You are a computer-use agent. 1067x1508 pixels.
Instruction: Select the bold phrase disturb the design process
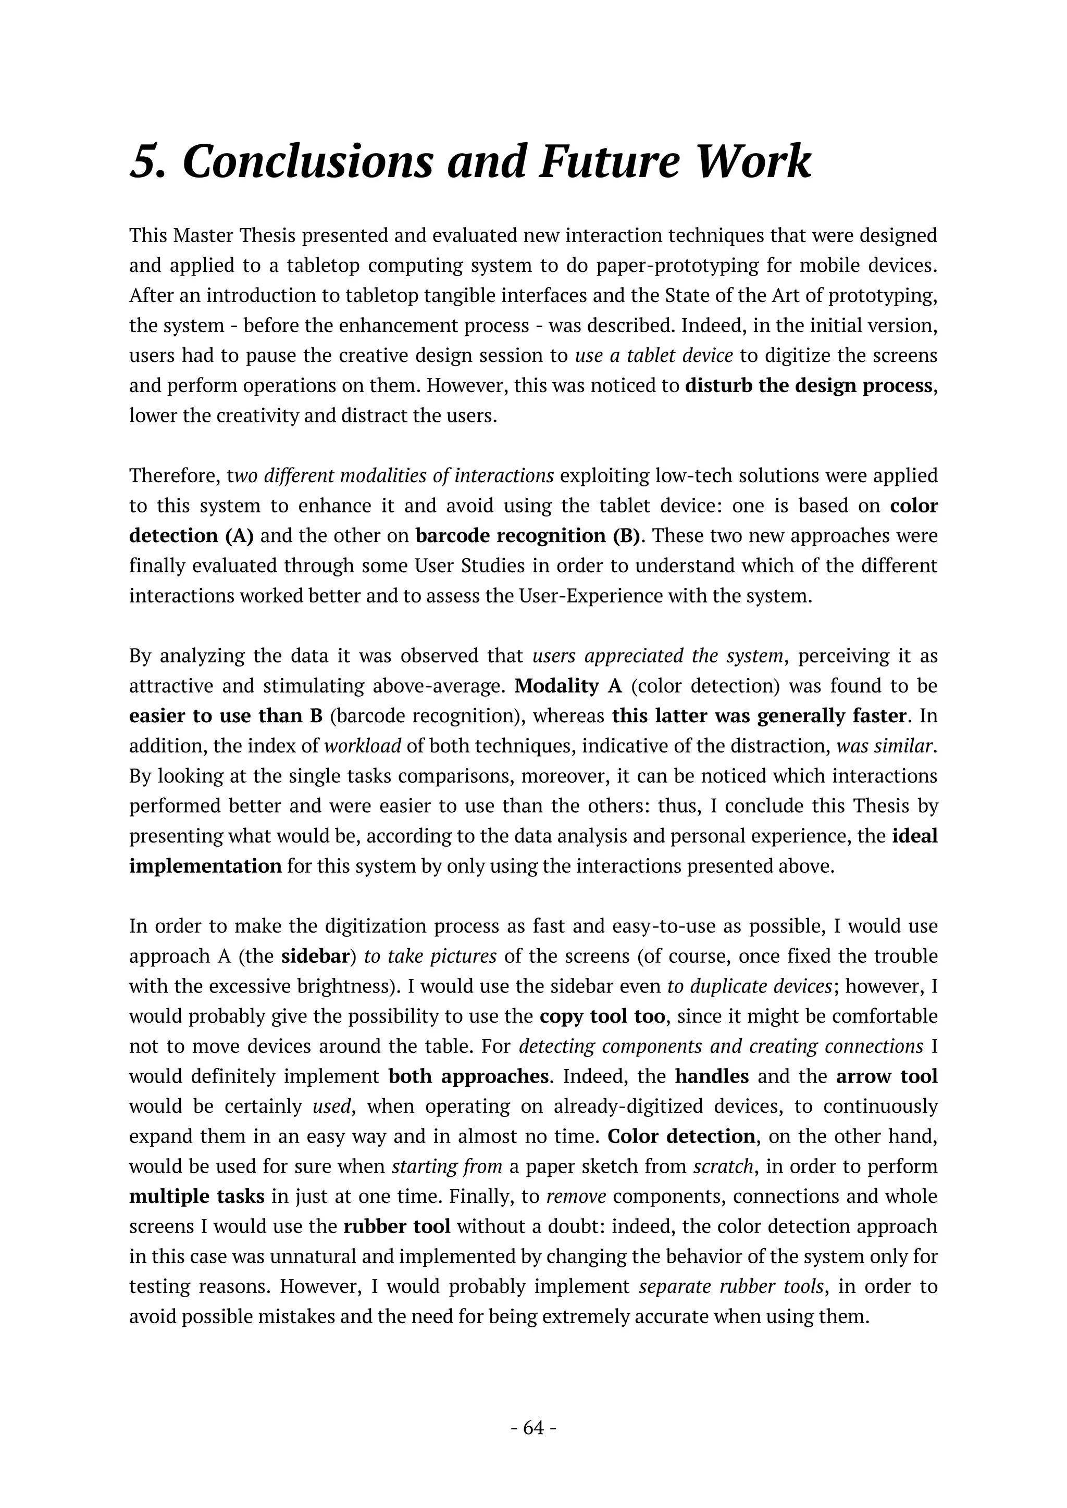(x=808, y=385)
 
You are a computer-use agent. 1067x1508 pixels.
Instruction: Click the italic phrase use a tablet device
(x=653, y=355)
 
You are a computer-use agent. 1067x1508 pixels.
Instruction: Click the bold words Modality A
(x=568, y=686)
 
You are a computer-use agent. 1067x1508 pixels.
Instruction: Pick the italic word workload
(x=363, y=746)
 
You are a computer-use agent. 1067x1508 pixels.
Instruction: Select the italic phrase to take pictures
(x=430, y=956)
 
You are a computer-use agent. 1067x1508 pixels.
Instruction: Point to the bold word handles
(x=712, y=1076)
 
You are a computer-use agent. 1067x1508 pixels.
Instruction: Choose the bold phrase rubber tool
(x=397, y=1227)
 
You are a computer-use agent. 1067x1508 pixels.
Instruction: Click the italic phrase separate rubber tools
(x=730, y=1287)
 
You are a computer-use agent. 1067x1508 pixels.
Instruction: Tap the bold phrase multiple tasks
(x=196, y=1197)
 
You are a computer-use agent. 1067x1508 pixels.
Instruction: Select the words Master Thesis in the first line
(x=227, y=235)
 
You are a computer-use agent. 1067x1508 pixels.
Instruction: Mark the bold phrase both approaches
(x=468, y=1076)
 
